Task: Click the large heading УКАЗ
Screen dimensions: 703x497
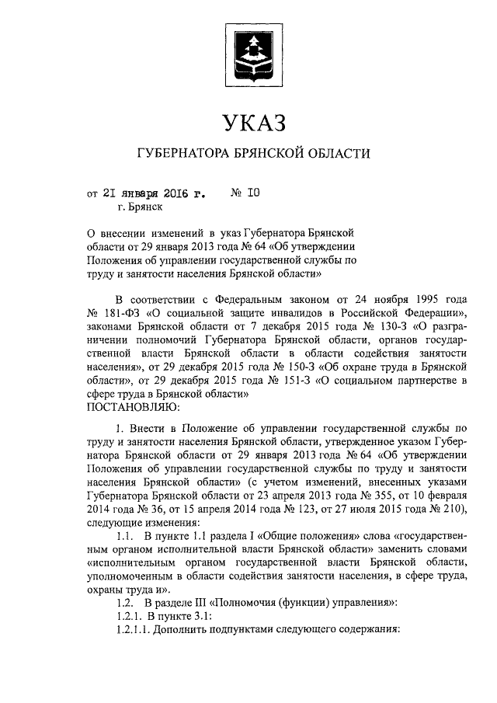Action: tap(248, 123)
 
